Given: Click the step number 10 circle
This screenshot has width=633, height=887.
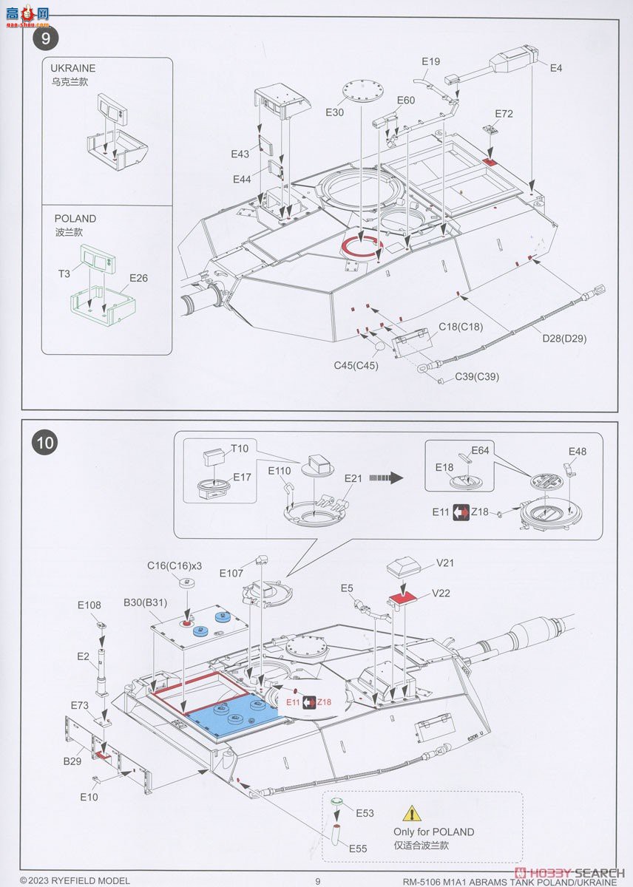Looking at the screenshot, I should click(44, 443).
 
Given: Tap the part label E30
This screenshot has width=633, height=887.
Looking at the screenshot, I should click(334, 112).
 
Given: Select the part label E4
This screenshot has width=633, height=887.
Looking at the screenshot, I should click(556, 67).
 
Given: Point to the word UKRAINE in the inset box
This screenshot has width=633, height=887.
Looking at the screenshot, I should click(75, 68).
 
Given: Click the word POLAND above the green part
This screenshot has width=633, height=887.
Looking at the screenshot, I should click(75, 219).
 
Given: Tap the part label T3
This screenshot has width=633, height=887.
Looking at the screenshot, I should click(64, 273).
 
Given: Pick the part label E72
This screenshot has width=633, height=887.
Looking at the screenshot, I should click(504, 114).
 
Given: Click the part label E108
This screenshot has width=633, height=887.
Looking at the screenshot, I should click(89, 605).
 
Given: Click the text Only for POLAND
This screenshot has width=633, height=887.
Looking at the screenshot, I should click(433, 832).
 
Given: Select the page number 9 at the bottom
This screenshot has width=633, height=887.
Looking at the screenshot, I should click(318, 880).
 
